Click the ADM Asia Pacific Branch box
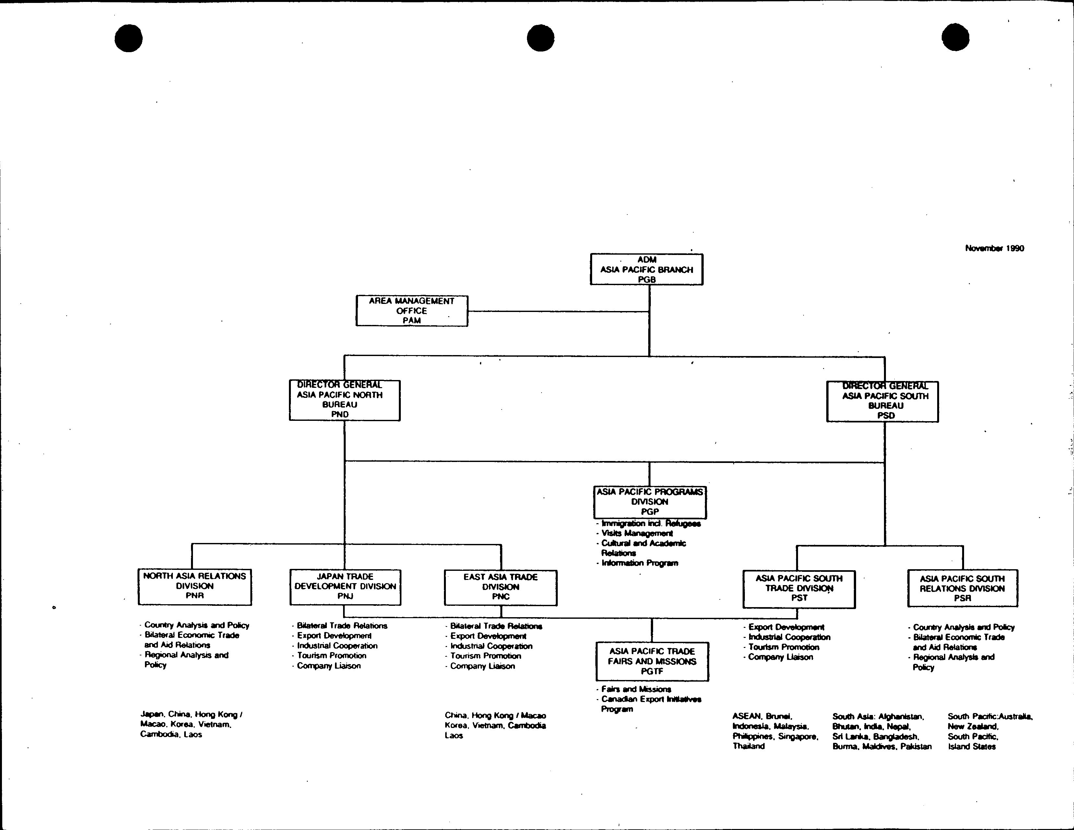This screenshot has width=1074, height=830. click(x=646, y=269)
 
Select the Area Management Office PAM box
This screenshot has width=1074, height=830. click(x=412, y=311)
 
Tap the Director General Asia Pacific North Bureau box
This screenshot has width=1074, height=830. click(x=344, y=400)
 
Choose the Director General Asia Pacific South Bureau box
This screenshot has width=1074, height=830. click(x=882, y=401)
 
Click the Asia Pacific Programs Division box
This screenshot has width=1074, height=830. click(x=650, y=502)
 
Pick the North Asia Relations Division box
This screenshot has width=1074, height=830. click(x=195, y=586)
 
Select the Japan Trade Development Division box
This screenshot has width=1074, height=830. click(x=345, y=587)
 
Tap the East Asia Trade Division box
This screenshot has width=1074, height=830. click(x=501, y=587)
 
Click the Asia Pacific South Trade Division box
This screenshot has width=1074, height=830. click(x=799, y=589)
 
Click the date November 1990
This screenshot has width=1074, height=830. click(x=994, y=248)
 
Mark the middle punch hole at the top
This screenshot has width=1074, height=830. click(x=541, y=38)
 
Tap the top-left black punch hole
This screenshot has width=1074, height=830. click(x=128, y=38)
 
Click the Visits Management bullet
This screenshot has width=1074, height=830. click(x=637, y=533)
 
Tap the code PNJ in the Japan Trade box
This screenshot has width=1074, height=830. click(x=345, y=596)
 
